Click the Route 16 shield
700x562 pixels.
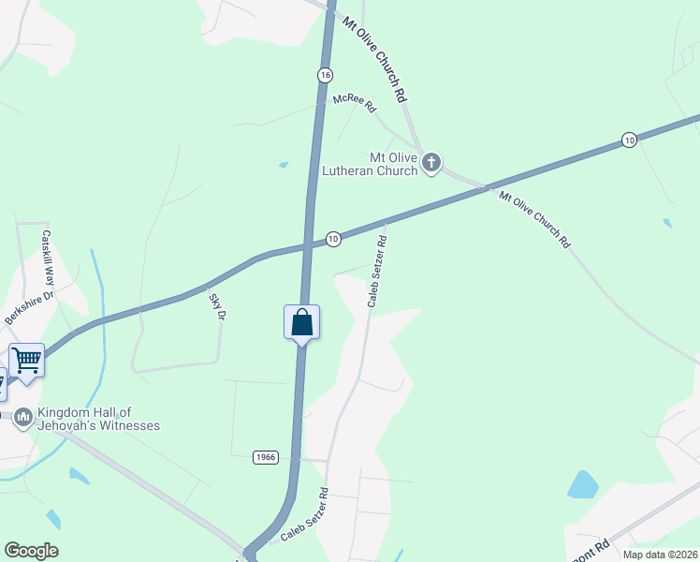point(325,75)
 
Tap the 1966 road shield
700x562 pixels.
point(265,457)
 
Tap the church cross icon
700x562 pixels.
point(431,164)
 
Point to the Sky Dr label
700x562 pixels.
point(218,306)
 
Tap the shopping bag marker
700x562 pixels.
point(301,323)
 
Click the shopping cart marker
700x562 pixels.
point(27,360)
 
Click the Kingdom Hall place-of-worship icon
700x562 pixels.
point(22,416)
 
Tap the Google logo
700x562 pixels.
point(31,551)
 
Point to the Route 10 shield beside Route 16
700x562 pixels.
point(333,240)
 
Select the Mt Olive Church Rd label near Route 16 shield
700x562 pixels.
point(374,59)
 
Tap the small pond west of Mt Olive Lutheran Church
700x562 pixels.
point(284,166)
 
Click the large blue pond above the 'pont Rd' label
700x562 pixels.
point(582,484)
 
